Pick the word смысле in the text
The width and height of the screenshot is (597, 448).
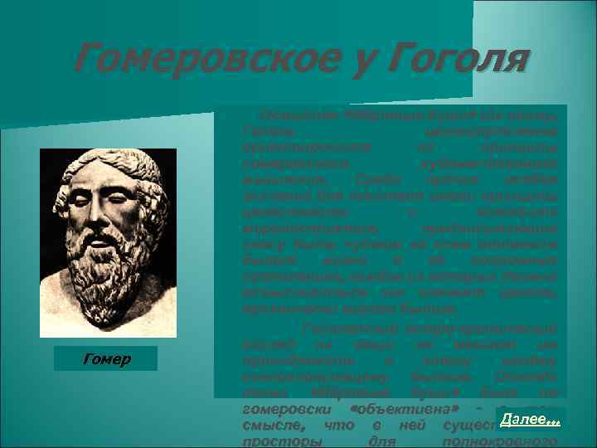(x=266, y=425)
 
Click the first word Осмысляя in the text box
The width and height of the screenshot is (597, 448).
(x=290, y=114)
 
